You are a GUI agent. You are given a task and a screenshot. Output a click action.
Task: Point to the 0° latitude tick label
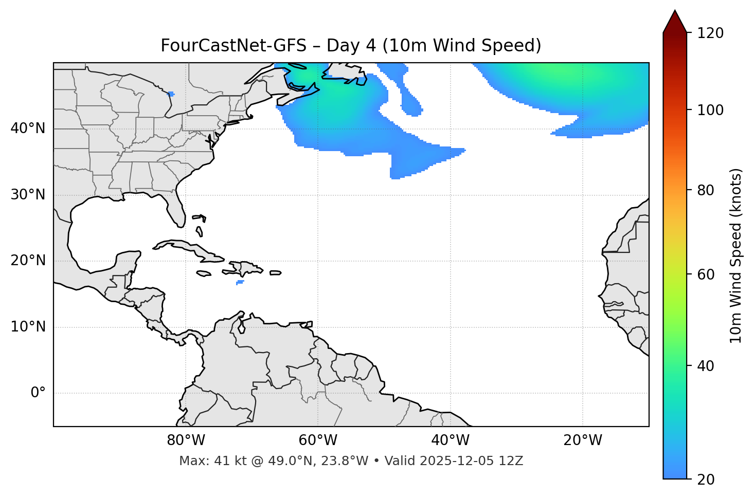[38, 393]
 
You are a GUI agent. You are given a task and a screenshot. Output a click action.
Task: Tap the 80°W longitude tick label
[186, 440]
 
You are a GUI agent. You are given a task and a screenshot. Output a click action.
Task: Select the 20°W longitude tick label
[583, 440]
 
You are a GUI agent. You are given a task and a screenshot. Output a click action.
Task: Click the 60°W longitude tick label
[318, 440]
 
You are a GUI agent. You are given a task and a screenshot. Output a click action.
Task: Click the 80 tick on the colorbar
[706, 190]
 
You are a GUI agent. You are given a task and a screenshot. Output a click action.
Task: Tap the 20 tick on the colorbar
[706, 479]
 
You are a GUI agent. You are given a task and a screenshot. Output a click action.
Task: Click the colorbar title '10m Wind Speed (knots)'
[736, 256]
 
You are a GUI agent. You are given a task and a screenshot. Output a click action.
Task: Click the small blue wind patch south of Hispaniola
[240, 282]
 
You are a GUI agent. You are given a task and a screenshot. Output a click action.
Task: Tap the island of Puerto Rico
[275, 273]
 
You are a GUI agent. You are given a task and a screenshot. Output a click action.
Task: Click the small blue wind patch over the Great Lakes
[171, 94]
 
